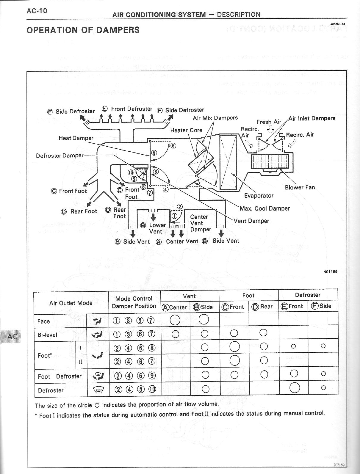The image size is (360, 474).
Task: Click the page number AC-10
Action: point(37,11)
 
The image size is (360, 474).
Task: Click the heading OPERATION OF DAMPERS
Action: point(83,30)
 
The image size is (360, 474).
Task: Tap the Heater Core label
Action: point(186,130)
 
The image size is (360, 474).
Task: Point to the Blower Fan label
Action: point(300,187)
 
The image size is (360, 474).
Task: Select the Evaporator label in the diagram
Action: point(259,195)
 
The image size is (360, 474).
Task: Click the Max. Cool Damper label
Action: point(264,208)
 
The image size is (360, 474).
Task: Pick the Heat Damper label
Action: point(76,138)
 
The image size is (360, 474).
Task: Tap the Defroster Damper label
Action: point(60,156)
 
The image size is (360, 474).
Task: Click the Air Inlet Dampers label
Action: point(312,118)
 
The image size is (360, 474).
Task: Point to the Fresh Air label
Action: point(269,122)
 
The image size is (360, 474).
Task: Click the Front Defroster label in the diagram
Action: point(132,109)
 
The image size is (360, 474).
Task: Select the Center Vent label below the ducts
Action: point(182,241)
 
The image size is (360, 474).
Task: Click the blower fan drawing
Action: point(270,162)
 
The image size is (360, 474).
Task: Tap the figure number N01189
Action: point(330,271)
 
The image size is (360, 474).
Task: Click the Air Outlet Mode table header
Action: point(71,303)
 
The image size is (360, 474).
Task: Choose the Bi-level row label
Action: point(47,335)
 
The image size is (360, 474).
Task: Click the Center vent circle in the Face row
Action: point(175,320)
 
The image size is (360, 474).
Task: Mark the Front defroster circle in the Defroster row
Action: point(294,388)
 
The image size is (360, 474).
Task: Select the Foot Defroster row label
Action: point(60,376)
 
